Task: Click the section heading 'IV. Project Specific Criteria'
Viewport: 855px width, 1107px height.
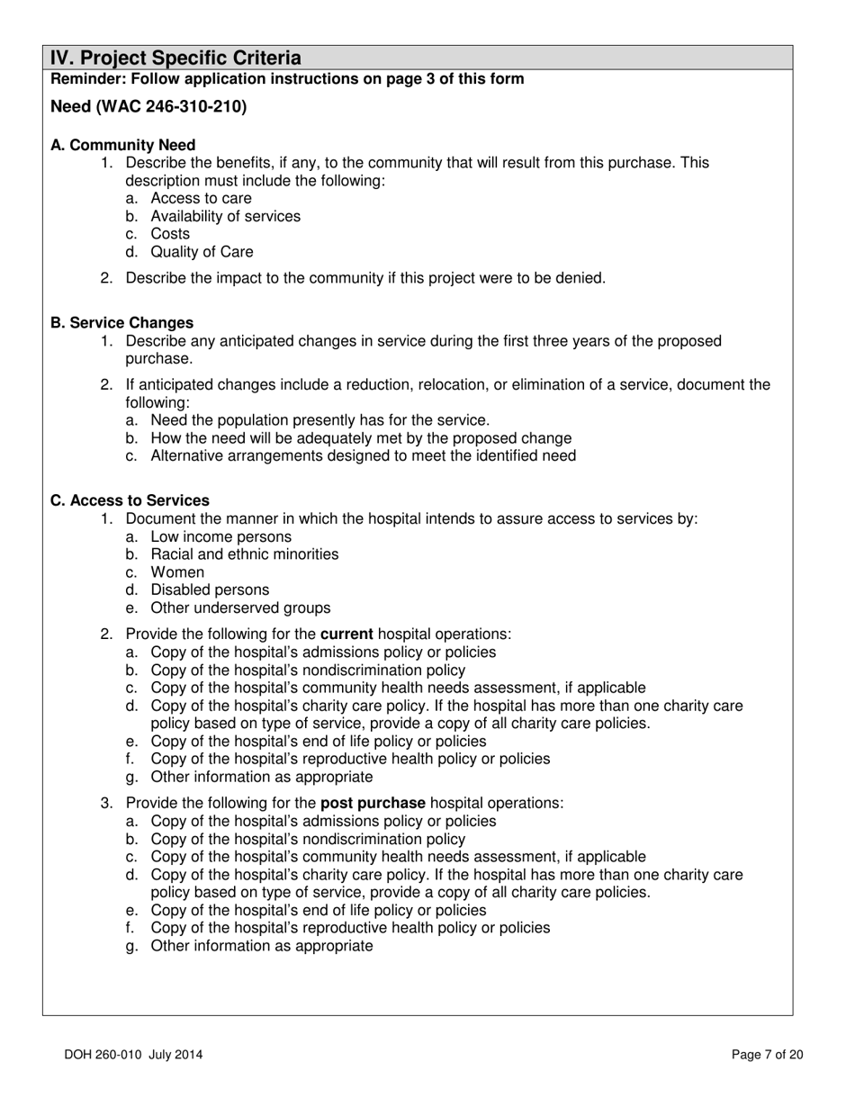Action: (175, 58)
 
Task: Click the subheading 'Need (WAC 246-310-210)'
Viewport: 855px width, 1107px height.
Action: (148, 107)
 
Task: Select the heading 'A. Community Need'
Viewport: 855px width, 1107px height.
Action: (123, 145)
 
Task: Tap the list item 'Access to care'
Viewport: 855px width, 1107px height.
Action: (201, 198)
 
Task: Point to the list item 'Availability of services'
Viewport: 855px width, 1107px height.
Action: (225, 216)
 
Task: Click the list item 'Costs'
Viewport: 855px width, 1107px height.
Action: (170, 234)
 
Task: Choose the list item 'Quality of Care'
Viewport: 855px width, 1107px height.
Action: (202, 252)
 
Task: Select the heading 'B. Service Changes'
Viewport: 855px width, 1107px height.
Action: (121, 322)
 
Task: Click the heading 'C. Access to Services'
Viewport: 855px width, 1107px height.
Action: (130, 500)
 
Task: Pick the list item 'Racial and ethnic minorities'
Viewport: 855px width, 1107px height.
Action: (244, 554)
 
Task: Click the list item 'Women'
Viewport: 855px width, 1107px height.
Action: (177, 572)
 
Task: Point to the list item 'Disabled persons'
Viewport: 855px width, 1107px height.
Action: (210, 590)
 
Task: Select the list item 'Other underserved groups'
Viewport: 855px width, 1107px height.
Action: (240, 608)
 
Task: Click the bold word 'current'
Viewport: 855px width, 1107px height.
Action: (346, 634)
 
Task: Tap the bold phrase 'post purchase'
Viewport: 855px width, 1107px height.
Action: (373, 803)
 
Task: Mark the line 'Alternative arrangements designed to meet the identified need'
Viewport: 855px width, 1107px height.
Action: (363, 455)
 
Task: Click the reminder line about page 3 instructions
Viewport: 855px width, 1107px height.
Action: (287, 79)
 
